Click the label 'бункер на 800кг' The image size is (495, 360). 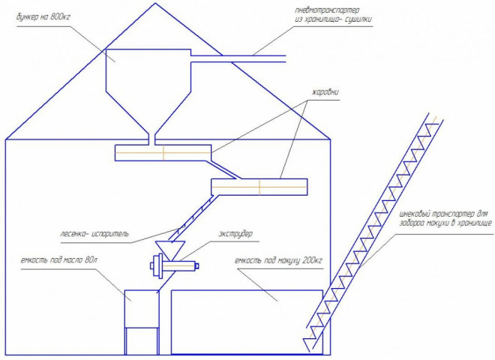pyautogui.click(x=43, y=16)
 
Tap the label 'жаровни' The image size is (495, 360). pyautogui.click(x=325, y=92)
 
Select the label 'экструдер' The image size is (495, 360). pyautogui.click(x=235, y=234)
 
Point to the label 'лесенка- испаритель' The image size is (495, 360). pyautogui.click(x=94, y=234)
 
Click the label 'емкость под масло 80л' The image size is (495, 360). pyautogui.click(x=59, y=260)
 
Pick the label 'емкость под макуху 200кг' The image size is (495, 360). pyautogui.click(x=278, y=261)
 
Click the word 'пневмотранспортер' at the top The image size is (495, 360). pyautogui.click(x=327, y=10)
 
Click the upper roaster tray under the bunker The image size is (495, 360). pyautogui.click(x=163, y=153)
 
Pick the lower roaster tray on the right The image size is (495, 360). pyautogui.click(x=259, y=187)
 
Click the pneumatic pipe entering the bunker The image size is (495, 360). pyautogui.click(x=238, y=58)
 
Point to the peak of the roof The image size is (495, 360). pyautogui.click(x=155, y=3)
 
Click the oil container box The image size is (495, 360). pyautogui.click(x=142, y=309)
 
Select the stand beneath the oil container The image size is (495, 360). pyautogui.click(x=142, y=341)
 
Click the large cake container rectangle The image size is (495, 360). pyautogui.click(x=247, y=322)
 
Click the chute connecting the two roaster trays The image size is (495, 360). pyautogui.click(x=224, y=170)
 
